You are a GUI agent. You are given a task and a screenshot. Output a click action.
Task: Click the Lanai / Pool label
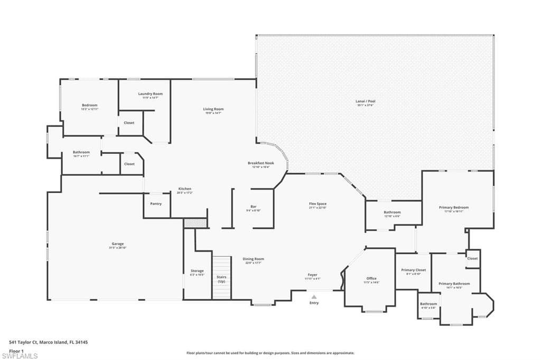pyautogui.click(x=366, y=101)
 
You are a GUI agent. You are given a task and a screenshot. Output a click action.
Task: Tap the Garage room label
pyautogui.click(x=118, y=244)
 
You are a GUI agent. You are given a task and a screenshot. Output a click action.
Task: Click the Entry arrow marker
pyautogui.click(x=314, y=297)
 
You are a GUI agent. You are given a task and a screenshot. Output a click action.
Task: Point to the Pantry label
pyautogui.click(x=156, y=203)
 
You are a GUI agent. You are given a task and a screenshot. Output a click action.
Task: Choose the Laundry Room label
pyautogui.click(x=151, y=93)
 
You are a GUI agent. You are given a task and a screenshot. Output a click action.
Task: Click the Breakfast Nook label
pyautogui.click(x=261, y=163)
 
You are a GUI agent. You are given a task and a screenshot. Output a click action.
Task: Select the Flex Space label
pyautogui.click(x=318, y=203)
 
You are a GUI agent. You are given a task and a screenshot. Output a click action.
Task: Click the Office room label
pyautogui.click(x=371, y=278)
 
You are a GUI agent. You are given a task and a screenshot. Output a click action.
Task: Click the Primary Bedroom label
pyautogui.click(x=453, y=207)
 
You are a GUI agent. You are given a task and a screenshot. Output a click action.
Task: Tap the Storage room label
pyautogui.click(x=197, y=271)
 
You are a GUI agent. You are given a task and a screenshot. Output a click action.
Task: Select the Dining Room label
pyautogui.click(x=253, y=259)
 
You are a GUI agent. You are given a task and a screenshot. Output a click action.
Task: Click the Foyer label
pyautogui.click(x=313, y=274)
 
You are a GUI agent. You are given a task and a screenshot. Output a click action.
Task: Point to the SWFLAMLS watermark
pyautogui.click(x=20, y=356)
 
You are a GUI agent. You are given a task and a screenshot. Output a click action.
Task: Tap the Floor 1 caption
pyautogui.click(x=16, y=350)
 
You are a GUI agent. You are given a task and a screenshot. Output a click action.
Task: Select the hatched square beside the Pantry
pyautogui.click(x=195, y=223)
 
